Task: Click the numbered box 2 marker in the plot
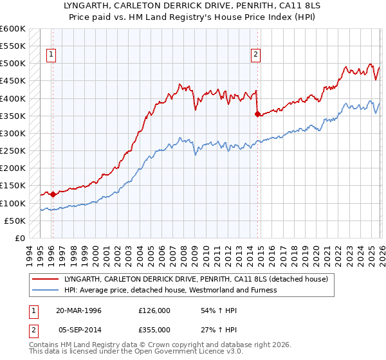pos(256,55)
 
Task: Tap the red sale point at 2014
pos(257,114)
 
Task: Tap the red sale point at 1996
pos(53,194)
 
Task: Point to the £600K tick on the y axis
pos(13,29)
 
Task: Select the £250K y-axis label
pos(13,151)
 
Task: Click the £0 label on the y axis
pos(19,238)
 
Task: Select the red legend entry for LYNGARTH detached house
pos(196,280)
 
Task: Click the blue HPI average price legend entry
pos(170,290)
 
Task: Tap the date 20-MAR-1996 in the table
pos(78,310)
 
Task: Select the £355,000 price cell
pos(154,329)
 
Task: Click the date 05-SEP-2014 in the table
pos(78,329)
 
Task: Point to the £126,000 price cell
pos(154,310)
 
